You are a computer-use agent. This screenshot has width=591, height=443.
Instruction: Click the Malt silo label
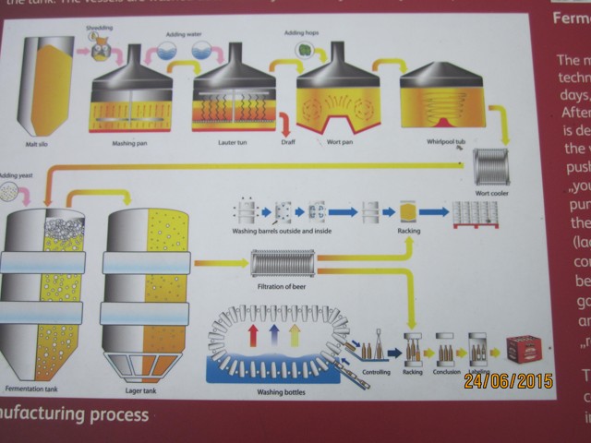(37, 145)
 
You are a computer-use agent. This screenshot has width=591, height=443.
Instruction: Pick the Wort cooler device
(490, 167)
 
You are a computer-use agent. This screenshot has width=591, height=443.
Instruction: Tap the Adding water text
(183, 34)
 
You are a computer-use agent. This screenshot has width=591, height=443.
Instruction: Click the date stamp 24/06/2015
(508, 380)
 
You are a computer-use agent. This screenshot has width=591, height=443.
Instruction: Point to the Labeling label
(479, 374)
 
